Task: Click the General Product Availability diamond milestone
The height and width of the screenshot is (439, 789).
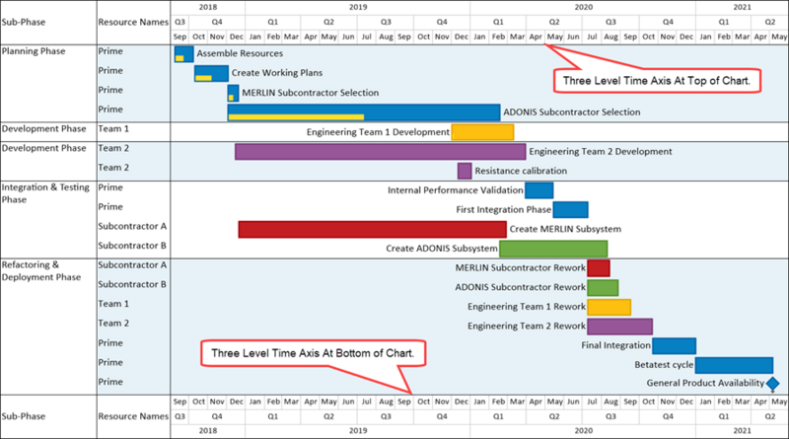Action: click(x=773, y=384)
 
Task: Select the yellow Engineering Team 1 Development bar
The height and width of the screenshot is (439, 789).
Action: click(x=482, y=132)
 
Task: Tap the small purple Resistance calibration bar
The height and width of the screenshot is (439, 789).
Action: click(x=465, y=171)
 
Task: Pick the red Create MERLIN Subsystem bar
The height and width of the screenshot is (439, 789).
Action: click(x=373, y=229)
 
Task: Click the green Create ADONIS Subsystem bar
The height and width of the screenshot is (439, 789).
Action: click(x=553, y=249)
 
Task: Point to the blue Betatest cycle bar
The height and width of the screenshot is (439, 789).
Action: click(x=734, y=365)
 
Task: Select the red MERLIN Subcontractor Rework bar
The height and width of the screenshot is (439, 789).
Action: click(x=599, y=267)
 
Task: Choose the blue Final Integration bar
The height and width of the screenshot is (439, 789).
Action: click(x=675, y=346)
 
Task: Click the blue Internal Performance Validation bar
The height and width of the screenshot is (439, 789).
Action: click(x=538, y=190)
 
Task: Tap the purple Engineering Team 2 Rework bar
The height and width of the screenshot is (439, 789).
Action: click(x=620, y=327)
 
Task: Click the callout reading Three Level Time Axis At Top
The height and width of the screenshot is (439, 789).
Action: click(x=657, y=81)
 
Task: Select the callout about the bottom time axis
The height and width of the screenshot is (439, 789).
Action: click(x=313, y=353)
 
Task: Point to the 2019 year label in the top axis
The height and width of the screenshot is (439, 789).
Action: click(x=358, y=7)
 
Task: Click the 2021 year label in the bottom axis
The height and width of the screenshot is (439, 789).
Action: click(x=743, y=430)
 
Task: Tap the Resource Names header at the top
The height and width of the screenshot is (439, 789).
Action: click(x=133, y=22)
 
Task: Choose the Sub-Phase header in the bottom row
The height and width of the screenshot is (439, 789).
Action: click(x=24, y=416)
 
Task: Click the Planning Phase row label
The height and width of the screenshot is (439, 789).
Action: click(x=34, y=51)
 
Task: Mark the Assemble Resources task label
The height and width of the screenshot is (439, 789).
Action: click(x=240, y=53)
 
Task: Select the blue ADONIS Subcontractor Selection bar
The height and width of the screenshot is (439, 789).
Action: click(x=364, y=112)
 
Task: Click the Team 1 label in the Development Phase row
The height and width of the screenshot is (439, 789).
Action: click(x=113, y=129)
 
